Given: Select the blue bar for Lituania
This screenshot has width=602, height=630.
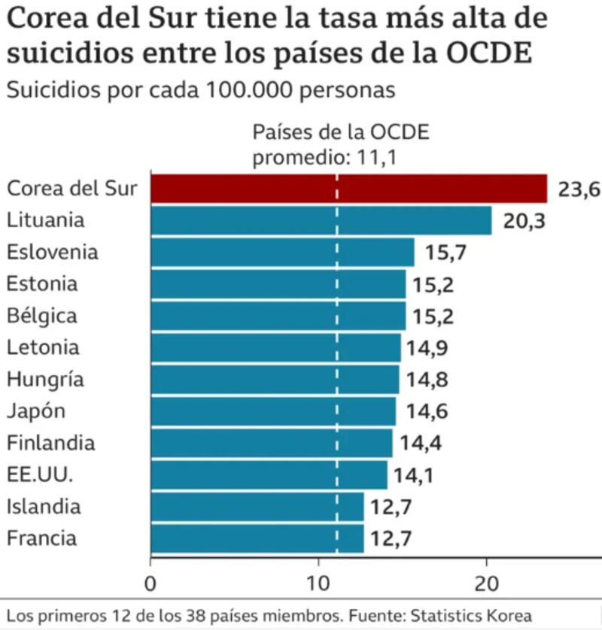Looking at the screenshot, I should coord(321,221).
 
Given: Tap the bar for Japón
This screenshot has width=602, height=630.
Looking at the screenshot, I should coord(273,411).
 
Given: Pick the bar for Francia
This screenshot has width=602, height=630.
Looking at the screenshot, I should coord(257,538).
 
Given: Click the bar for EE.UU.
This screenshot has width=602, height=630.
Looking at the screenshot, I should coord(269,475).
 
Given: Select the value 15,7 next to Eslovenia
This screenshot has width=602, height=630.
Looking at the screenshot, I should coord(445,253).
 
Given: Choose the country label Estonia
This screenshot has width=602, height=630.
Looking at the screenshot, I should coord(41,284).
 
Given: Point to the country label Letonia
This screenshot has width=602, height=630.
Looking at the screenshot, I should coord(43,347).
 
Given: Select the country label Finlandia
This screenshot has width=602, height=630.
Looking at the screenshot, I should coord(50,443).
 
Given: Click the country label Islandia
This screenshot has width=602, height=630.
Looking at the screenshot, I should coord(43,506).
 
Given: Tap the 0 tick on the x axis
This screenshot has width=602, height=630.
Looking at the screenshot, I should coord(151,583).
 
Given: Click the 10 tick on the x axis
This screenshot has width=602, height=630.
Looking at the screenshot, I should coord(319,583).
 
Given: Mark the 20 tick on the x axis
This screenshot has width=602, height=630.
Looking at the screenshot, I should coord(487,583).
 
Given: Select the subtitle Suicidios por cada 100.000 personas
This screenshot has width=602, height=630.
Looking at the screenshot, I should coord(200,90).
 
